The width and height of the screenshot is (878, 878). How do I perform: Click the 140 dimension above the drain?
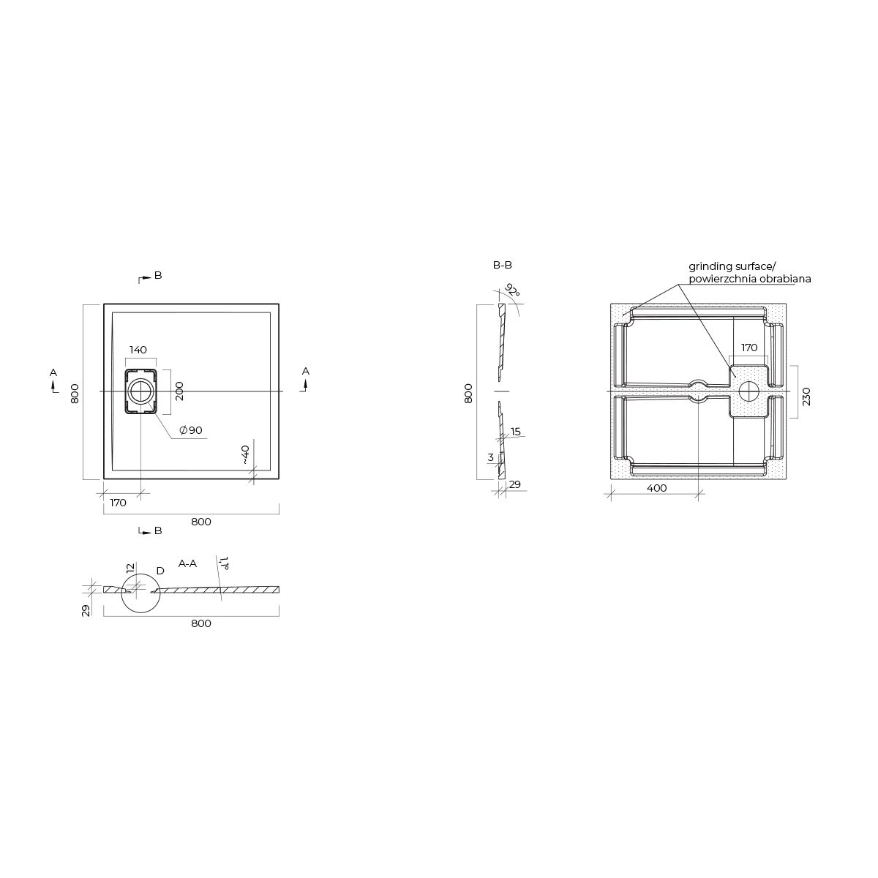point(138,350)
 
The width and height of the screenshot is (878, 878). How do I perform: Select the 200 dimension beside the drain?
point(179,391)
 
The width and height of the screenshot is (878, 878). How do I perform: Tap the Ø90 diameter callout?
point(191,430)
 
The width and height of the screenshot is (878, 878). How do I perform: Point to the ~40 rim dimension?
point(245,454)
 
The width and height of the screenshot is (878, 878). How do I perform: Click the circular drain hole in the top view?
point(140,391)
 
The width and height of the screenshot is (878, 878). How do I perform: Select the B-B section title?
point(503,265)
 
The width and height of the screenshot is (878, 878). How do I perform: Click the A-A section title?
point(187,563)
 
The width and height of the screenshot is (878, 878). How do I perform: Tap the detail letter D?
point(160,571)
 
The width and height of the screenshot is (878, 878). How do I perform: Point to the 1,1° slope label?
point(224,563)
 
